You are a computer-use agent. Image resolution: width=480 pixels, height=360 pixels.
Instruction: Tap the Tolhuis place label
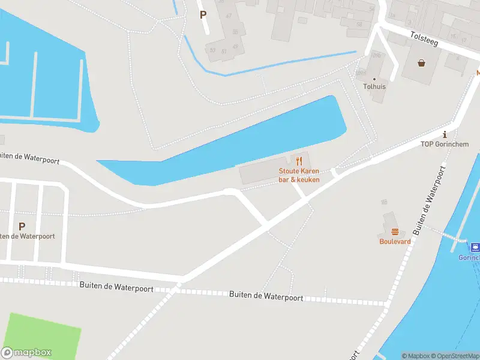[374, 86]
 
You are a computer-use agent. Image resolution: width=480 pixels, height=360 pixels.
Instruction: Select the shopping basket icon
[422, 62]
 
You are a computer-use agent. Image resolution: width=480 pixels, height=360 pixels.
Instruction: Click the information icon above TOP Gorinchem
[444, 134]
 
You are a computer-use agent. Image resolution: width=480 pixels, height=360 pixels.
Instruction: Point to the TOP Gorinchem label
[444, 144]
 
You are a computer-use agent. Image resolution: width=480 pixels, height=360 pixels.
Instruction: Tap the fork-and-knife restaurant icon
[299, 160]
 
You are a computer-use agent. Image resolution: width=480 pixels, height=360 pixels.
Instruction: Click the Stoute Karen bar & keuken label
[299, 175]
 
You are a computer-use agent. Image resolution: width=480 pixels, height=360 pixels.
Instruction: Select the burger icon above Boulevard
[395, 232]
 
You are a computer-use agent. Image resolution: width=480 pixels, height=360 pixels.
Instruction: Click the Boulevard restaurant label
[395, 241]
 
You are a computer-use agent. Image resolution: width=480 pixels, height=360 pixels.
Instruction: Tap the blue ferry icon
[475, 247]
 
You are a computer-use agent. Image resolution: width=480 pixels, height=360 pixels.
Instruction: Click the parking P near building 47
[203, 15]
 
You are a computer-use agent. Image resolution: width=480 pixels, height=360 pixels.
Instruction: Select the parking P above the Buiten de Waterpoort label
[22, 226]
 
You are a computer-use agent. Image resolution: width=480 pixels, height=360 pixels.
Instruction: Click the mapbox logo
[26, 353]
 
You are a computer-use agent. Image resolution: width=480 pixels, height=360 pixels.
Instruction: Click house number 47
[229, 16]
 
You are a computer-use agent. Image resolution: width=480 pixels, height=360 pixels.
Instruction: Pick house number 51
[224, 50]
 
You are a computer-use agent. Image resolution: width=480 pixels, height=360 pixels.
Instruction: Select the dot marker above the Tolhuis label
[374, 79]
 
